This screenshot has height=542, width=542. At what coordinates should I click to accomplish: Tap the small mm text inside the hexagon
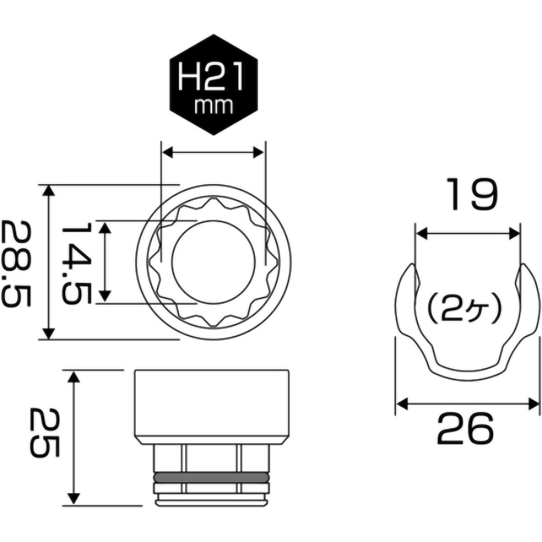point(213,106)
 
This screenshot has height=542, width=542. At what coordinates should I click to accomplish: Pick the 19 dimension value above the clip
point(472,194)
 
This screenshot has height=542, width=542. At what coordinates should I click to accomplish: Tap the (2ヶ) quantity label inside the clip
point(465,310)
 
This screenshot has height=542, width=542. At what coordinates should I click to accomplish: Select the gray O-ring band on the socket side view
point(211,477)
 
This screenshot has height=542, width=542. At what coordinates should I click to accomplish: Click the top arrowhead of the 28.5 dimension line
point(49,190)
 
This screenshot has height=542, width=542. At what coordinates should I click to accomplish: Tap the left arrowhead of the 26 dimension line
point(402,403)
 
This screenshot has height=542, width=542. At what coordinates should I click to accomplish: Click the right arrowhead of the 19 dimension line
point(514,234)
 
